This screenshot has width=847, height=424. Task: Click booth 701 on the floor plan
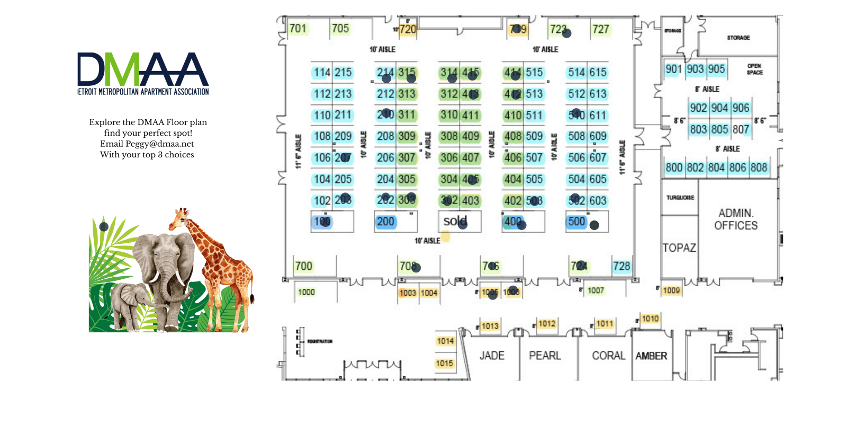click(298, 28)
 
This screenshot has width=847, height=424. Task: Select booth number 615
click(598, 72)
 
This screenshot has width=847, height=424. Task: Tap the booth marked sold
click(455, 221)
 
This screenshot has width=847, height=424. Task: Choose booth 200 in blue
click(385, 222)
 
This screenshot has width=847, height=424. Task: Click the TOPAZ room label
click(679, 248)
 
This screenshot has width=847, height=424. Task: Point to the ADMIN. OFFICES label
click(736, 219)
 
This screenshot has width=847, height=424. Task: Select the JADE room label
click(492, 356)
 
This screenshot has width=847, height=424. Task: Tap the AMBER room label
click(651, 356)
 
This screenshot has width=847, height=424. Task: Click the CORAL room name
click(608, 356)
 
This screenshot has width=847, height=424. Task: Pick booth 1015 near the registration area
click(445, 363)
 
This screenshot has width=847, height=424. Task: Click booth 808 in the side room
click(759, 167)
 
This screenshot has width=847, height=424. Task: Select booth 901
click(673, 69)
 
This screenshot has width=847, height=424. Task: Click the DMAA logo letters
click(143, 69)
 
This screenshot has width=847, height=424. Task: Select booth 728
click(621, 266)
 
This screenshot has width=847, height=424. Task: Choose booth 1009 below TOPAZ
click(671, 290)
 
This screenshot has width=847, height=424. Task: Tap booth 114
click(322, 73)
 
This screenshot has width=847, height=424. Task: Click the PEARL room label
click(545, 356)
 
